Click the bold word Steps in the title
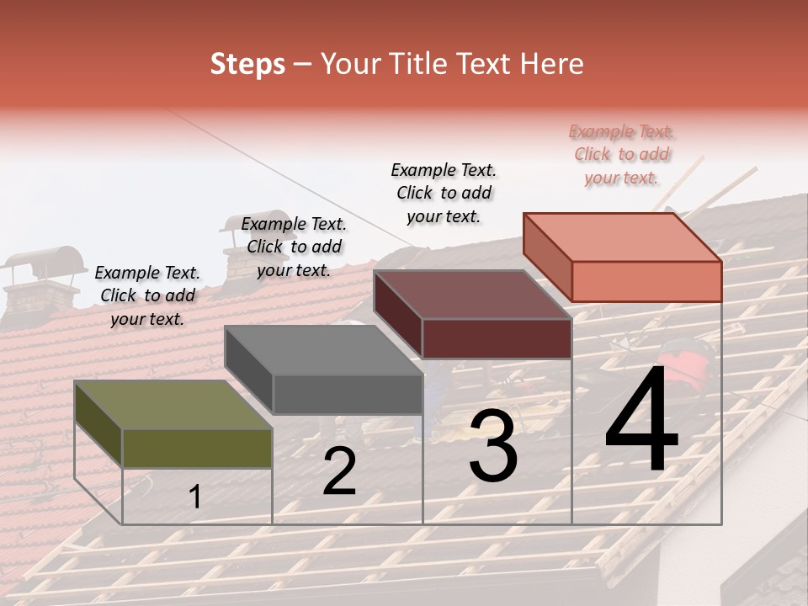coord(247,64)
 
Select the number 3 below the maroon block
coord(493,446)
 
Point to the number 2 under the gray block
coord(339,471)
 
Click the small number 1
coord(195,497)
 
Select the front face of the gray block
coord(348,394)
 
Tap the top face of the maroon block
coord(471,295)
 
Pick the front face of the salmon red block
coord(646,281)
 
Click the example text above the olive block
coord(147,296)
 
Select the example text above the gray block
coord(294,247)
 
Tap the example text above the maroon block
coord(444,193)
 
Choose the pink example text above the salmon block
coord(622,154)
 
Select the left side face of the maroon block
coord(397,316)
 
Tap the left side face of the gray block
coord(248,370)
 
